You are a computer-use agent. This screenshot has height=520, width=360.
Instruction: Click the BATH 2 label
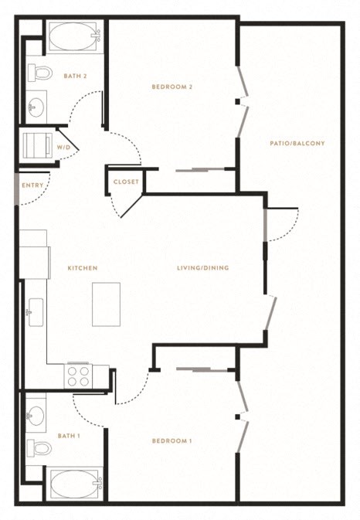point(75,76)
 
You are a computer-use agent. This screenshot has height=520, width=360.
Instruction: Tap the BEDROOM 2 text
point(172,87)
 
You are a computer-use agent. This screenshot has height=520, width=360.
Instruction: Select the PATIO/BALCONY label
point(297,143)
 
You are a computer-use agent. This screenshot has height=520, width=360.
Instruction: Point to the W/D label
point(63,148)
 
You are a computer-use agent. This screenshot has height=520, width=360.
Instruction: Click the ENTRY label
point(32,185)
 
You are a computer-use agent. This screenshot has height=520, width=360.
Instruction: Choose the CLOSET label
point(126,182)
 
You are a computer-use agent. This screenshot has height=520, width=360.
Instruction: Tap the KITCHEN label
point(83,268)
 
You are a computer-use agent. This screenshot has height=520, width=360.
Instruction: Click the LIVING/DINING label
point(203,268)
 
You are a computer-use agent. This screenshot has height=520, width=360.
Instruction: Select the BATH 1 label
point(69,436)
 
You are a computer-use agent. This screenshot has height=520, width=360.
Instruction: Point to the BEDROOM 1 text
point(172,441)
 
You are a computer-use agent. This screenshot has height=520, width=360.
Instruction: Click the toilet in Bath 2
point(40,73)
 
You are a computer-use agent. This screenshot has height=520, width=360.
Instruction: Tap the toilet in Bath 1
point(39,448)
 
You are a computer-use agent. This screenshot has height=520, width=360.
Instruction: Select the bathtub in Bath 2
point(75,36)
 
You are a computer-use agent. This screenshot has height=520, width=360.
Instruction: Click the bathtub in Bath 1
point(76,484)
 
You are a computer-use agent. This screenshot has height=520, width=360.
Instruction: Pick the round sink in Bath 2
point(36,107)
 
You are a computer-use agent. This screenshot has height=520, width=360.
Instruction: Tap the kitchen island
point(106,304)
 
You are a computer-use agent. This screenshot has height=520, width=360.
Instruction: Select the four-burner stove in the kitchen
point(78,376)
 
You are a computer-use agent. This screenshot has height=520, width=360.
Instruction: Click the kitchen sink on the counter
point(36,312)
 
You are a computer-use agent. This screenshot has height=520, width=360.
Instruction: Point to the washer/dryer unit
point(37,145)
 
